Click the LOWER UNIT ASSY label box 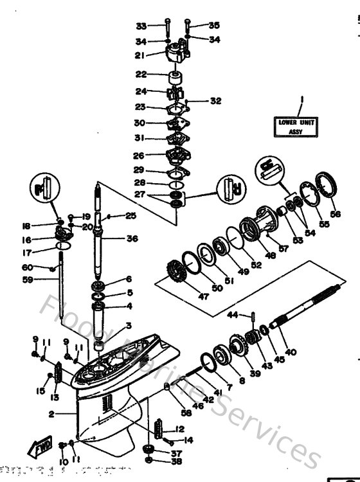point(298,125)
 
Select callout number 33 point(141,26)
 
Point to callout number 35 point(213,26)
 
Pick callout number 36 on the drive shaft point(132,239)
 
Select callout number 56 point(336,214)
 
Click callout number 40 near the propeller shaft point(291,352)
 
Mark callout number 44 point(233,314)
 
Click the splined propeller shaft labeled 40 point(309,318)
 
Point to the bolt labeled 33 point(166,28)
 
